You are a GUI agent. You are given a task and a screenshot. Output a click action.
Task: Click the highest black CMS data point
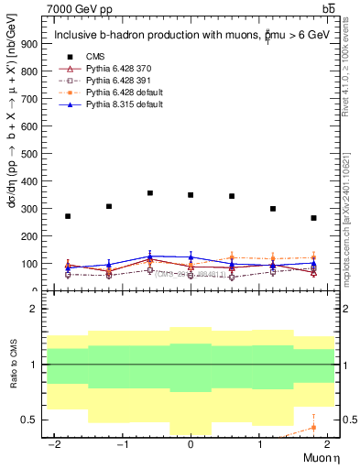(x=149, y=193)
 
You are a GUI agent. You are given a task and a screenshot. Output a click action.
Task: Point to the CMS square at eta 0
(x=191, y=195)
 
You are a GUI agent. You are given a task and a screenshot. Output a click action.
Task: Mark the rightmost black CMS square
(x=313, y=218)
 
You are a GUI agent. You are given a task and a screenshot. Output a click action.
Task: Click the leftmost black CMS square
(x=68, y=216)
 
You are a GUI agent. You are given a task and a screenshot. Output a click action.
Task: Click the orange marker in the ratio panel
(x=313, y=427)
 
